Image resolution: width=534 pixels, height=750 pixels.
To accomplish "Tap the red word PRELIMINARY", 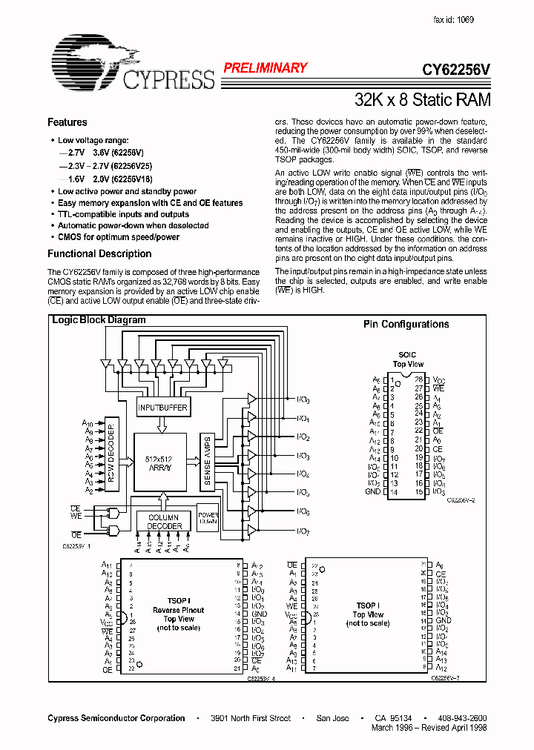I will [x=265, y=68].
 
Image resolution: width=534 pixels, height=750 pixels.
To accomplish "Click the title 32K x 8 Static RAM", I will [x=422, y=99].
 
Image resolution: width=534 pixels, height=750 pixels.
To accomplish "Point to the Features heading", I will [x=67, y=122].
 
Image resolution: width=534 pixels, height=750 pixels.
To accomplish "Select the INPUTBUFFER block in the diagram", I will [x=162, y=408].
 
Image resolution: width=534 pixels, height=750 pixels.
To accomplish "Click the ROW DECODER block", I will [x=111, y=455].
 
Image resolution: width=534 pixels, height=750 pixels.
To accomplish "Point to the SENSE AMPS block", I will [x=207, y=460].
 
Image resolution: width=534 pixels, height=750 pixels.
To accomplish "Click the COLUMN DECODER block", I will [x=164, y=521].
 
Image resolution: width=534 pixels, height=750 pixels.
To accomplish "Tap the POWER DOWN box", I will [x=207, y=517].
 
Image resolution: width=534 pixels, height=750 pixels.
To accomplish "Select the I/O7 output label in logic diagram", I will [x=303, y=531].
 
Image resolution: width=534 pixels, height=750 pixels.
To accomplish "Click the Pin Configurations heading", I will [x=406, y=325].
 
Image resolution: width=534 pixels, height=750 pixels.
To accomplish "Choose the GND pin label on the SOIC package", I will [x=372, y=491].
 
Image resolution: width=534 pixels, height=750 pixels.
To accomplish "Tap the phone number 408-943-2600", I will [x=462, y=718].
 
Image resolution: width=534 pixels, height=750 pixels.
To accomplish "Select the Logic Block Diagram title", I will [x=98, y=320].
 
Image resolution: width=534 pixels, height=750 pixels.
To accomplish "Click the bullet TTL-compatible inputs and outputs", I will [x=123, y=214].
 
